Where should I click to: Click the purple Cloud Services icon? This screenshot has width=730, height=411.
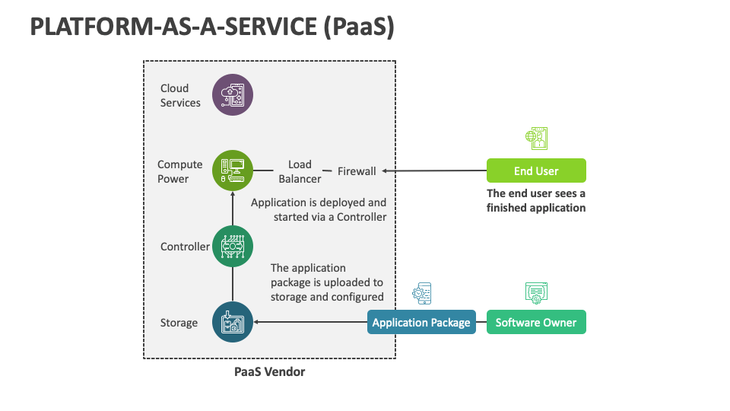click(232, 95)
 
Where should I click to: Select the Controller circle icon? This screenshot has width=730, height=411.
click(232, 246)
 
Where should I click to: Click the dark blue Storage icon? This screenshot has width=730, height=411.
click(232, 322)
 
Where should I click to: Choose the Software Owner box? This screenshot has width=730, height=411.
click(536, 322)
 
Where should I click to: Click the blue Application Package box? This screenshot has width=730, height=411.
click(421, 322)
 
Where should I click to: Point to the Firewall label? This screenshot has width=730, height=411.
click(357, 171)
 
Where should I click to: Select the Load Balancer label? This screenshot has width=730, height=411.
click(300, 171)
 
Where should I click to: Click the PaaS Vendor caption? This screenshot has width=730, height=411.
click(269, 372)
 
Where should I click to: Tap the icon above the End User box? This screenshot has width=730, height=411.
click(536, 139)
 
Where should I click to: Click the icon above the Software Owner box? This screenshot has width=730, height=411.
click(536, 292)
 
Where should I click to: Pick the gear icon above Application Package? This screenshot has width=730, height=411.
click(421, 293)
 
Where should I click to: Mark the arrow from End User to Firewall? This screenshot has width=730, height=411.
click(433, 170)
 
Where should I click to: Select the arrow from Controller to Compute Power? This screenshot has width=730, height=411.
click(232, 207)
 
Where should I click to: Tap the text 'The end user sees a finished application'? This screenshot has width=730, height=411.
click(536, 200)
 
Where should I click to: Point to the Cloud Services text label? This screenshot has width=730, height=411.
click(180, 95)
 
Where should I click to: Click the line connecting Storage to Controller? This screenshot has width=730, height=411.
click(232, 283)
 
